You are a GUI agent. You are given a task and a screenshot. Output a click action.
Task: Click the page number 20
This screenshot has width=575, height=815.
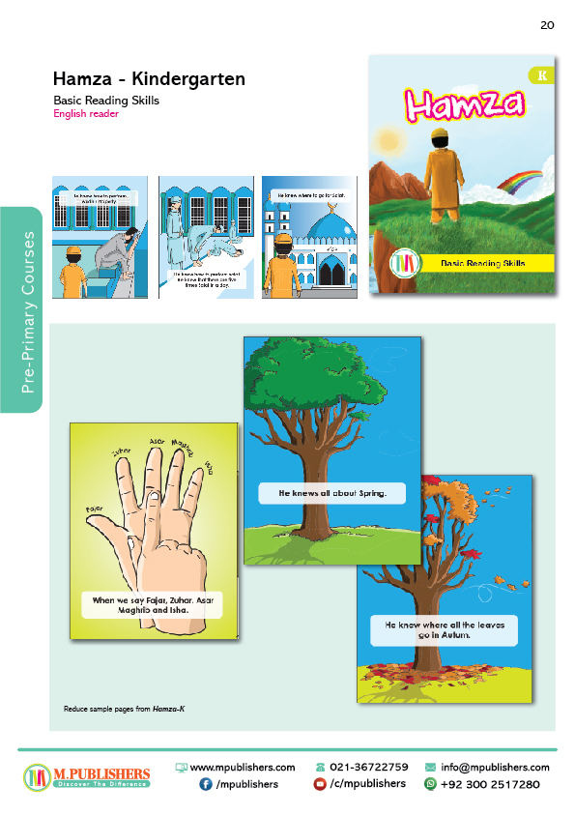pos(547,25)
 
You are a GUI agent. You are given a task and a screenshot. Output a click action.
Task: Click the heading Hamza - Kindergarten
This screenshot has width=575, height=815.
pos(149,78)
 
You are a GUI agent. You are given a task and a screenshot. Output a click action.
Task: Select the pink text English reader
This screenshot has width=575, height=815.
pos(86,114)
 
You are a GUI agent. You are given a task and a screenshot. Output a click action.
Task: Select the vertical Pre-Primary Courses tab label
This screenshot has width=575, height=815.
pos(28,312)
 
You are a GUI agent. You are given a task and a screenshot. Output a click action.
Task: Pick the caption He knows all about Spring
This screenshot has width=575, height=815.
pos(331,493)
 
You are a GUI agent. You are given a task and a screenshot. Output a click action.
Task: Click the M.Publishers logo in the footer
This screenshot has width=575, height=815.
pos(87,776)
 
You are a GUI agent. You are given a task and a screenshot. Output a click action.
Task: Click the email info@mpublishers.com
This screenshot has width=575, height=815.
pos(495,767)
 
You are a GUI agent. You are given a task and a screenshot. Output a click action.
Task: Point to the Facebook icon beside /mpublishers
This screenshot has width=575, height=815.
pos(206,784)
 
